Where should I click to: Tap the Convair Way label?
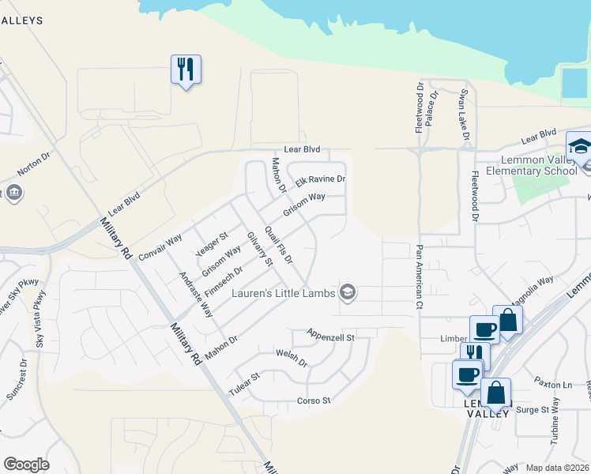160,246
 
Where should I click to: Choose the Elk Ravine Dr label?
321,180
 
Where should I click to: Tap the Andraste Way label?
196,295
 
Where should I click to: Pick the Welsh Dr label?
292,356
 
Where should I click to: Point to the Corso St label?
314,401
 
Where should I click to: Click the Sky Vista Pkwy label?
40,318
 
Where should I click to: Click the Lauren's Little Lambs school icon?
347,293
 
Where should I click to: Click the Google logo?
27,465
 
